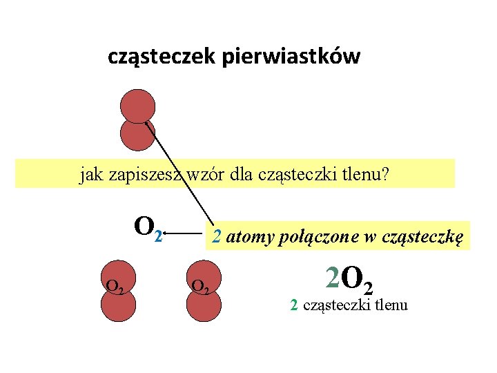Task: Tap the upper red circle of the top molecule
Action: click(x=137, y=106)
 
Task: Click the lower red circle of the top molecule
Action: click(x=137, y=135)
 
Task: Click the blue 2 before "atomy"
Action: click(x=217, y=238)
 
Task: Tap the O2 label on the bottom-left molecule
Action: click(x=115, y=285)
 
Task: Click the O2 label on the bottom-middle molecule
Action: click(x=201, y=285)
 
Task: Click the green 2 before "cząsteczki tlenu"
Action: click(x=294, y=305)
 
